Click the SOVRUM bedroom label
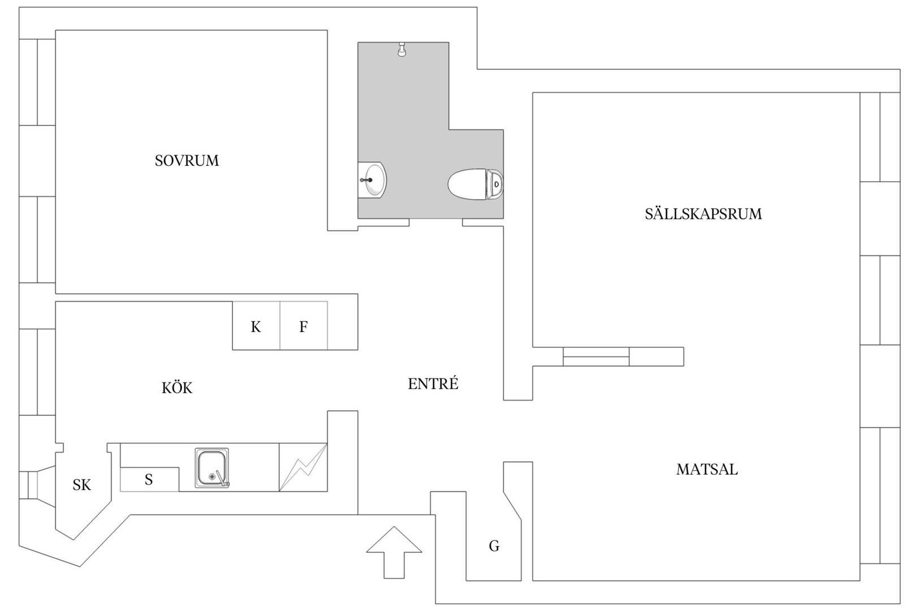click(x=187, y=161)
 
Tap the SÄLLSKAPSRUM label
click(x=703, y=214)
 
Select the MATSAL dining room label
click(x=707, y=469)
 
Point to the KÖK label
click(x=177, y=387)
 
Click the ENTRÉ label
click(x=433, y=384)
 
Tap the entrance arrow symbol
click(x=394, y=553)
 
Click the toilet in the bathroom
click(x=475, y=184)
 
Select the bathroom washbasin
click(x=372, y=180)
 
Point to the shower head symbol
click(x=402, y=49)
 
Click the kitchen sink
click(x=212, y=467)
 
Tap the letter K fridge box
click(x=256, y=326)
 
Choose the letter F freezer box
click(x=304, y=326)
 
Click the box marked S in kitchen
click(x=149, y=479)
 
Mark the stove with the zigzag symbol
click(x=303, y=467)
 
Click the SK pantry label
click(x=82, y=485)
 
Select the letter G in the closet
click(x=494, y=545)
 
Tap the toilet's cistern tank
click(x=495, y=184)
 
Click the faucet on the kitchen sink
click(x=222, y=479)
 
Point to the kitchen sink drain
click(x=212, y=476)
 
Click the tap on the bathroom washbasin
click(x=366, y=180)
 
